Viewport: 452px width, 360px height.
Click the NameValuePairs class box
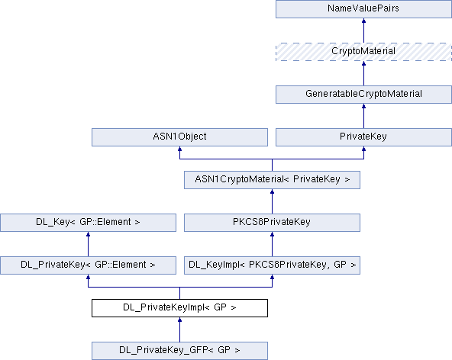pos(363,9)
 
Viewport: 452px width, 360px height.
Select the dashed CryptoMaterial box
pos(363,52)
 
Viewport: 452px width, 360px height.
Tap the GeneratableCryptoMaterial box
pos(363,95)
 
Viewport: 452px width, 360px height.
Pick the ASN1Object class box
pos(179,137)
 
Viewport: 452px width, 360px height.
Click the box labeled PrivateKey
pos(363,137)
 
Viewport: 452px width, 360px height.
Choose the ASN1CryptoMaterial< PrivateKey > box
pos(272,180)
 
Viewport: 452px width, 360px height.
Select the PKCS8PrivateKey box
pos(272,223)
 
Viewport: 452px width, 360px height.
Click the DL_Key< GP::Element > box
pos(89,223)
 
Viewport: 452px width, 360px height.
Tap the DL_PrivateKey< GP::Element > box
pos(89,265)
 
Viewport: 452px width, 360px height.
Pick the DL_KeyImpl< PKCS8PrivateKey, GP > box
pos(272,265)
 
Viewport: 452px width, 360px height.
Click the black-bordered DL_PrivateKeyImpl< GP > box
pos(179,308)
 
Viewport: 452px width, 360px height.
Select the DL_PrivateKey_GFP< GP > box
pos(179,351)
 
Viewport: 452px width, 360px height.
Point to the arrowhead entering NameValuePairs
pos(363,21)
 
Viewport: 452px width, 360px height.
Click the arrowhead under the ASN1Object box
pos(179,149)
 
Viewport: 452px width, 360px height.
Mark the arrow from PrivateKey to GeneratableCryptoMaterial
pos(363,116)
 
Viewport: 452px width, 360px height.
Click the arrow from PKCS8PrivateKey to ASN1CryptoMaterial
pos(272,201)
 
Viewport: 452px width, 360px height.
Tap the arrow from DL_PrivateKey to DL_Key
pos(89,244)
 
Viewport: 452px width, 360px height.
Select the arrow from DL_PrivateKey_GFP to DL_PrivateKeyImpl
pos(179,329)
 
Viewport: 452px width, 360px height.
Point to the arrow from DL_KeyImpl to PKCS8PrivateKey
pos(272,244)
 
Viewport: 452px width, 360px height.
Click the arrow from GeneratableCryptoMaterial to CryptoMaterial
pos(363,73)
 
